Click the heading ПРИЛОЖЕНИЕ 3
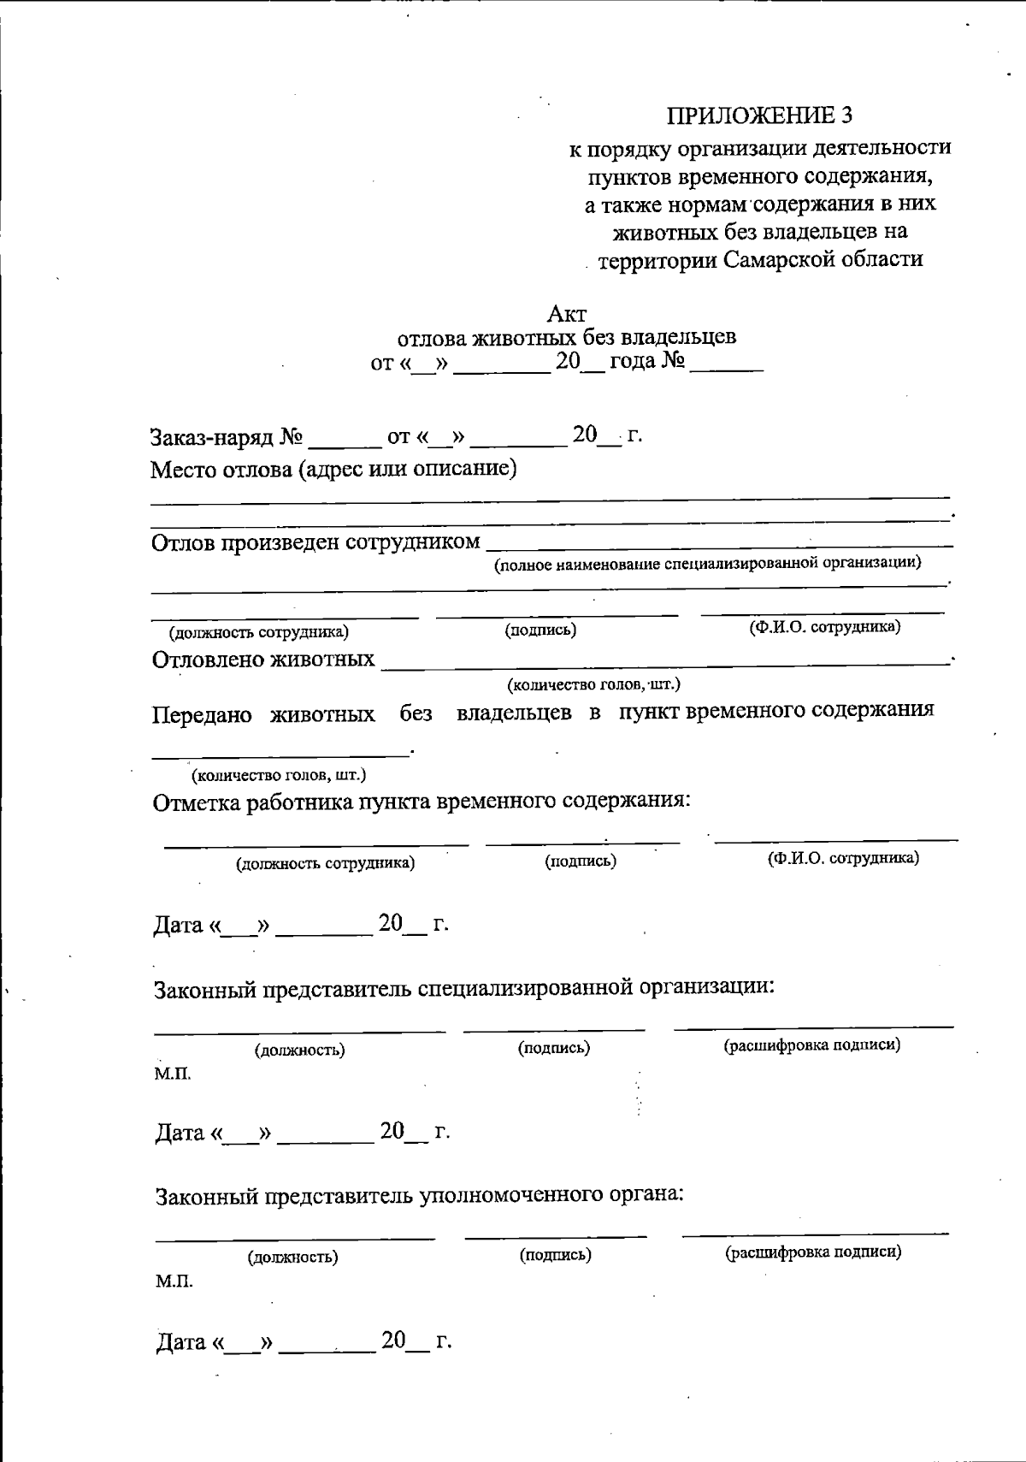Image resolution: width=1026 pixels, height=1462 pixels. click(759, 115)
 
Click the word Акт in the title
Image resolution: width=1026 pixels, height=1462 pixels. click(567, 314)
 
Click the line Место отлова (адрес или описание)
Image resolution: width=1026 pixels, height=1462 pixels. click(334, 470)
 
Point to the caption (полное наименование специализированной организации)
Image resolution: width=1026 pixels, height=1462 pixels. click(708, 563)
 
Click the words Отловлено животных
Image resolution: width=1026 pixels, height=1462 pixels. click(263, 660)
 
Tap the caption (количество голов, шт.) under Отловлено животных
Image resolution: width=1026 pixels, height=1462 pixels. click(593, 684)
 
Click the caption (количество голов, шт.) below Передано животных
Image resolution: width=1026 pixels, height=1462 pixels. click(279, 775)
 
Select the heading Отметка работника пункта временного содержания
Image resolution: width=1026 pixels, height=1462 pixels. click(422, 802)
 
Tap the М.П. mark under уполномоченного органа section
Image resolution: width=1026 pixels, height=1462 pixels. click(174, 1281)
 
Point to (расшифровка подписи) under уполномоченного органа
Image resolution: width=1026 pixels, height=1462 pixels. click(813, 1253)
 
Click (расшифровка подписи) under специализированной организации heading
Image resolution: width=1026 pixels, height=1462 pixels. click(812, 1045)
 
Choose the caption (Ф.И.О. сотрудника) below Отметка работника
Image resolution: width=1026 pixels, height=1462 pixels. click(843, 858)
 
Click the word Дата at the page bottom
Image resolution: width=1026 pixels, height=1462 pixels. click(181, 1342)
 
